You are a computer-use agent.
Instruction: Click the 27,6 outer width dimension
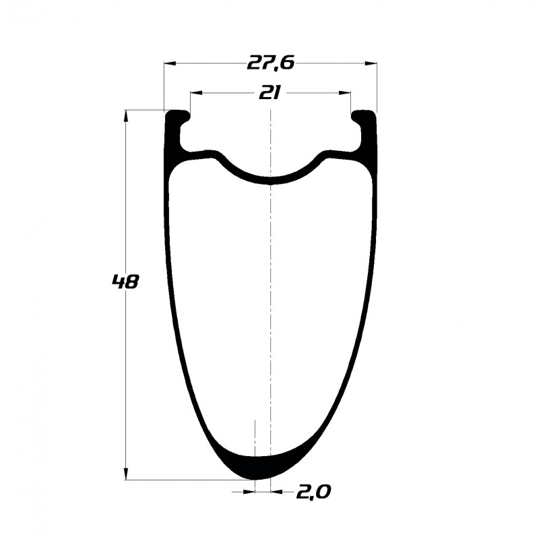point(271,63)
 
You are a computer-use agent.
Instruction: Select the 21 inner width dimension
point(270,93)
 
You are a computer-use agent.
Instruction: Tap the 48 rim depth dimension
point(125,282)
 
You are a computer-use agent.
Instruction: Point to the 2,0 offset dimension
point(313,493)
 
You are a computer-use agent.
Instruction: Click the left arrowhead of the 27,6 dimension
point(170,63)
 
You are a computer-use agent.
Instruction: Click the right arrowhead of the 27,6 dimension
point(371,63)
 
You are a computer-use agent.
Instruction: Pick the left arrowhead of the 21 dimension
point(196,93)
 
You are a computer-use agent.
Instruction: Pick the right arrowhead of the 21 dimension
point(345,93)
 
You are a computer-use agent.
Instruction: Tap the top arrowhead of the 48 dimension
point(126,116)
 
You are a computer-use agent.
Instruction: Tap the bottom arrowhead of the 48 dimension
point(126,474)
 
